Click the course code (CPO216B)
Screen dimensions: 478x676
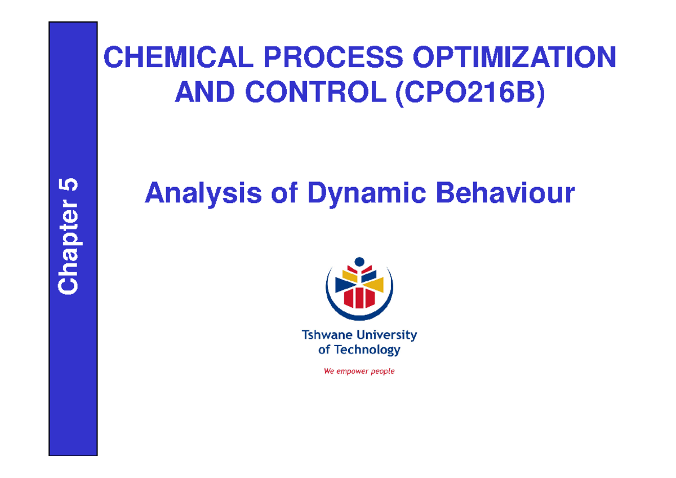(470, 92)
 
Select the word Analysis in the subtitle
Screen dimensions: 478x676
(203, 194)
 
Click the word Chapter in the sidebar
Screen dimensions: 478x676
(69, 259)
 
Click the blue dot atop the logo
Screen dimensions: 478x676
(359, 262)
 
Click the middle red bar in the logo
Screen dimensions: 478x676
(359, 297)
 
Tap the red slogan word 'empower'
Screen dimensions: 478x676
(354, 371)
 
